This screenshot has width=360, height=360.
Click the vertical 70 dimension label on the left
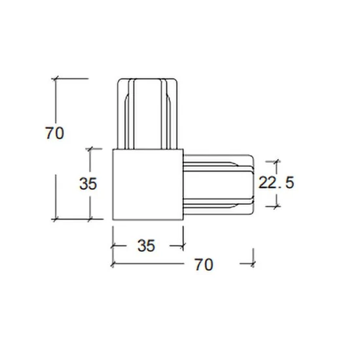click(54, 133)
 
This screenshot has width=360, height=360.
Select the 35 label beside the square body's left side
click(88, 184)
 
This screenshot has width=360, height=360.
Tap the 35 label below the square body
click(146, 245)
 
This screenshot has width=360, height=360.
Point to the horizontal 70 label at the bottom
click(204, 264)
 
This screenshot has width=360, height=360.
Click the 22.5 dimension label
click(276, 183)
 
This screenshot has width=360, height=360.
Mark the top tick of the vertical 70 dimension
click(56, 79)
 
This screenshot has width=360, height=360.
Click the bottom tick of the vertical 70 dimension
click(56, 219)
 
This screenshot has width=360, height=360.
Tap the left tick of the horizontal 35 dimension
click(113, 246)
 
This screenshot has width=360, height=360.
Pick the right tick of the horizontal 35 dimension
click(183, 246)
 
